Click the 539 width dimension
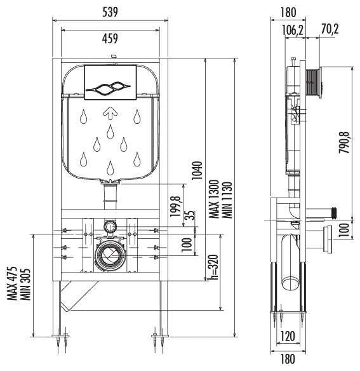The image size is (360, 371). [x=110, y=12]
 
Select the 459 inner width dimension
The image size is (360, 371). [x=110, y=38]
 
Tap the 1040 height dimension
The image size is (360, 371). [x=197, y=171]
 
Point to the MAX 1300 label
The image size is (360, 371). [x=215, y=199]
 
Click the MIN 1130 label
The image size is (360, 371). [x=227, y=200]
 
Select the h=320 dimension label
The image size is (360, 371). [x=213, y=267]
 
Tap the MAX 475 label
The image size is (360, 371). [x=12, y=283]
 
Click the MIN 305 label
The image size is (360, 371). [x=25, y=284]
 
